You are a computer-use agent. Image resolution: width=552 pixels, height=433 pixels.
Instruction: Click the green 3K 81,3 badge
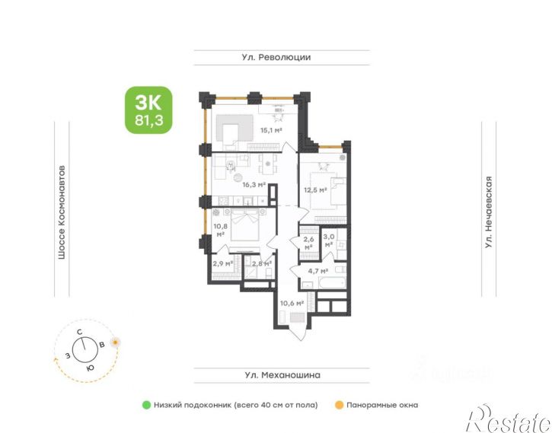[148, 110]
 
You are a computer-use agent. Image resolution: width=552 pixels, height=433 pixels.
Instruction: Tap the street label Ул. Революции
[276, 57]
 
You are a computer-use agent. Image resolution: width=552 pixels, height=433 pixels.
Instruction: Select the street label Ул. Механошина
[282, 375]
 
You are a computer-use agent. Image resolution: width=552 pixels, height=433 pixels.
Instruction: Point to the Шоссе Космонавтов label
[62, 212]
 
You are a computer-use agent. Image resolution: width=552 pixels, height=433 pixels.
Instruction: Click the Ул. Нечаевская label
[488, 212]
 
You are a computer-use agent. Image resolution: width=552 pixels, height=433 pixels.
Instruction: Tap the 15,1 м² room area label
[271, 130]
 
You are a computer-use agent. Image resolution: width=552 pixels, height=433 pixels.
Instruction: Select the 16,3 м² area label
[254, 184]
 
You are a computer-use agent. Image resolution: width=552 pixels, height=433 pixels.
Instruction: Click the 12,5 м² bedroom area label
[315, 190]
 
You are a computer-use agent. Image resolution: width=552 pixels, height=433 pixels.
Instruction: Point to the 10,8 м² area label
[220, 230]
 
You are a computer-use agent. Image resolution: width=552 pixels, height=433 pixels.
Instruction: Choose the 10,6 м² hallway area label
[292, 303]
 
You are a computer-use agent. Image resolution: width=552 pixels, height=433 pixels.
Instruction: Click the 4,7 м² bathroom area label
[318, 271]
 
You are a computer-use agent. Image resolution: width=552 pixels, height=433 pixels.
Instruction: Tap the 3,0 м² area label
[329, 240]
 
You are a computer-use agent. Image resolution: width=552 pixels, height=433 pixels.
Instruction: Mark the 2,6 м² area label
[308, 244]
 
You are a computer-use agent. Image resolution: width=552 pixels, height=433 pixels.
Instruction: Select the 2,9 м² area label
[222, 263]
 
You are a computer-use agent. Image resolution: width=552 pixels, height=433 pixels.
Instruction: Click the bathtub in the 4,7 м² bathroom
[332, 282]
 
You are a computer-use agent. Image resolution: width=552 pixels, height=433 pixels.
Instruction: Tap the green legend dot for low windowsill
[146, 405]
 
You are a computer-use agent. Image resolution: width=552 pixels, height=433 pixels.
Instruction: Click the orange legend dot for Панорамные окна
[339, 405]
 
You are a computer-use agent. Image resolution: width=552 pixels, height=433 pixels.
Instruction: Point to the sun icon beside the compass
[115, 342]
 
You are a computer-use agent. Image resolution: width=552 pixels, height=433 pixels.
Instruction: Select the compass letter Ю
[90, 368]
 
